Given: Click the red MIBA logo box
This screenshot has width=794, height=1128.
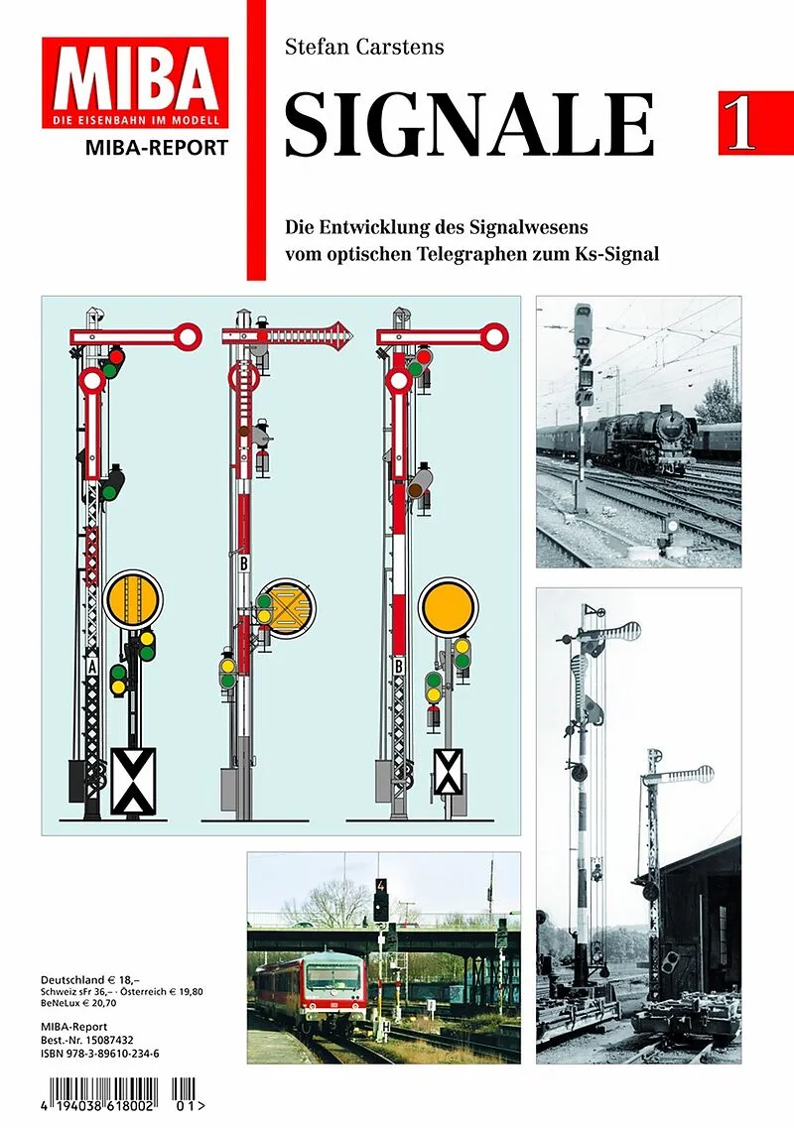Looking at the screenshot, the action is (135, 82).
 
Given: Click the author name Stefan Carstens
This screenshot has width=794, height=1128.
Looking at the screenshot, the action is (364, 48).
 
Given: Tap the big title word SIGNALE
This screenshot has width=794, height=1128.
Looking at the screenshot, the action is (470, 123).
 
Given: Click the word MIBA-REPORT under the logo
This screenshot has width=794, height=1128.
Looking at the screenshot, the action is (156, 148).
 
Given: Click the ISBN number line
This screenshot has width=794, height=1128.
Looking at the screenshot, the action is (100, 1054).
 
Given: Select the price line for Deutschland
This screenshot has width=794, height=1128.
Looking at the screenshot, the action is (90, 979).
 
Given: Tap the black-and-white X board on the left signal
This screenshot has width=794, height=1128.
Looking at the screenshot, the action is (132, 781).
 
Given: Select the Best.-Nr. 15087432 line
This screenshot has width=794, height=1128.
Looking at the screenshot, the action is (87, 1041).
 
